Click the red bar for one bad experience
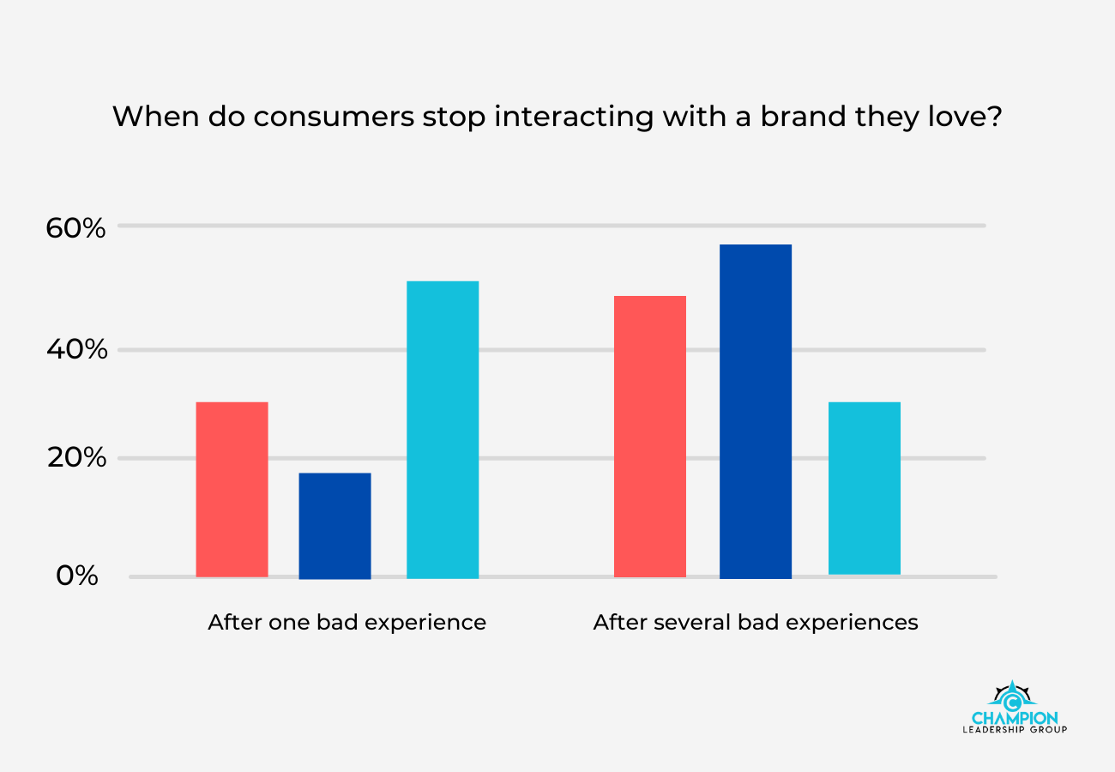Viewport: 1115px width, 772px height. (232, 489)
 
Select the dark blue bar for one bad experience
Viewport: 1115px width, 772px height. (334, 525)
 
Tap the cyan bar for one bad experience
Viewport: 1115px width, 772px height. (443, 429)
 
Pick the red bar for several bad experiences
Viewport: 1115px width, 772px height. (650, 436)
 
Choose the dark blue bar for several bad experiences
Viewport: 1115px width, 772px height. (755, 411)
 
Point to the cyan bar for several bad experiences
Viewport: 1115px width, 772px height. (865, 487)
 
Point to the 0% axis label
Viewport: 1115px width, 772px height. (77, 576)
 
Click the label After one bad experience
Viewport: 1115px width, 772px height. (347, 622)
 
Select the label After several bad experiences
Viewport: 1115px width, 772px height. (756, 622)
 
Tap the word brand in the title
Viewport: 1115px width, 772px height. (811, 117)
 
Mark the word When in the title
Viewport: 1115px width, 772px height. (149, 117)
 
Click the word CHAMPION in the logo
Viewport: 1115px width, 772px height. (1015, 717)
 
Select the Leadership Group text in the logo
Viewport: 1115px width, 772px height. (1015, 730)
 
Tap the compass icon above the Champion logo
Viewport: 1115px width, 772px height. (1014, 694)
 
